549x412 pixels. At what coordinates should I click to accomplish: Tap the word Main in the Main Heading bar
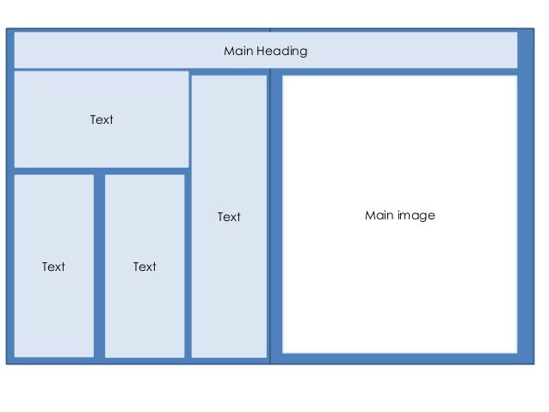(x=237, y=51)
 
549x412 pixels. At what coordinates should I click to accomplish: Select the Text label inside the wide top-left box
(x=102, y=120)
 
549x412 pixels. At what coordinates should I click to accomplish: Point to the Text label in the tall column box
(x=229, y=217)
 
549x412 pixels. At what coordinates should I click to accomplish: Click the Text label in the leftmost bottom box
(x=53, y=267)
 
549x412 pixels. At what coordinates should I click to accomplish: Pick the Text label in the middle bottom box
(x=145, y=267)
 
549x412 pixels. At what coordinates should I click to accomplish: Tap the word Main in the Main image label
(x=379, y=215)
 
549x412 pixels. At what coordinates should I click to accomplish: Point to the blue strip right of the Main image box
(x=525, y=215)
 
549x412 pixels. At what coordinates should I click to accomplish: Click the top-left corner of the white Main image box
(x=283, y=77)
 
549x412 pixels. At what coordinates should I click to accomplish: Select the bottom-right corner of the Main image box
(x=516, y=352)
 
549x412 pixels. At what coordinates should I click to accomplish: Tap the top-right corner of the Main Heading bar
(x=517, y=33)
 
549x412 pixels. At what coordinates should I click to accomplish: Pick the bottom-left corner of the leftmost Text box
(x=15, y=356)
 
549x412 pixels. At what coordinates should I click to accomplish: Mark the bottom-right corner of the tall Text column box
(x=266, y=356)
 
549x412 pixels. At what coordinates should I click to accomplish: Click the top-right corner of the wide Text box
(x=188, y=71)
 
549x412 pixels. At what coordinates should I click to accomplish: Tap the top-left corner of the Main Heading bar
(x=15, y=33)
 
